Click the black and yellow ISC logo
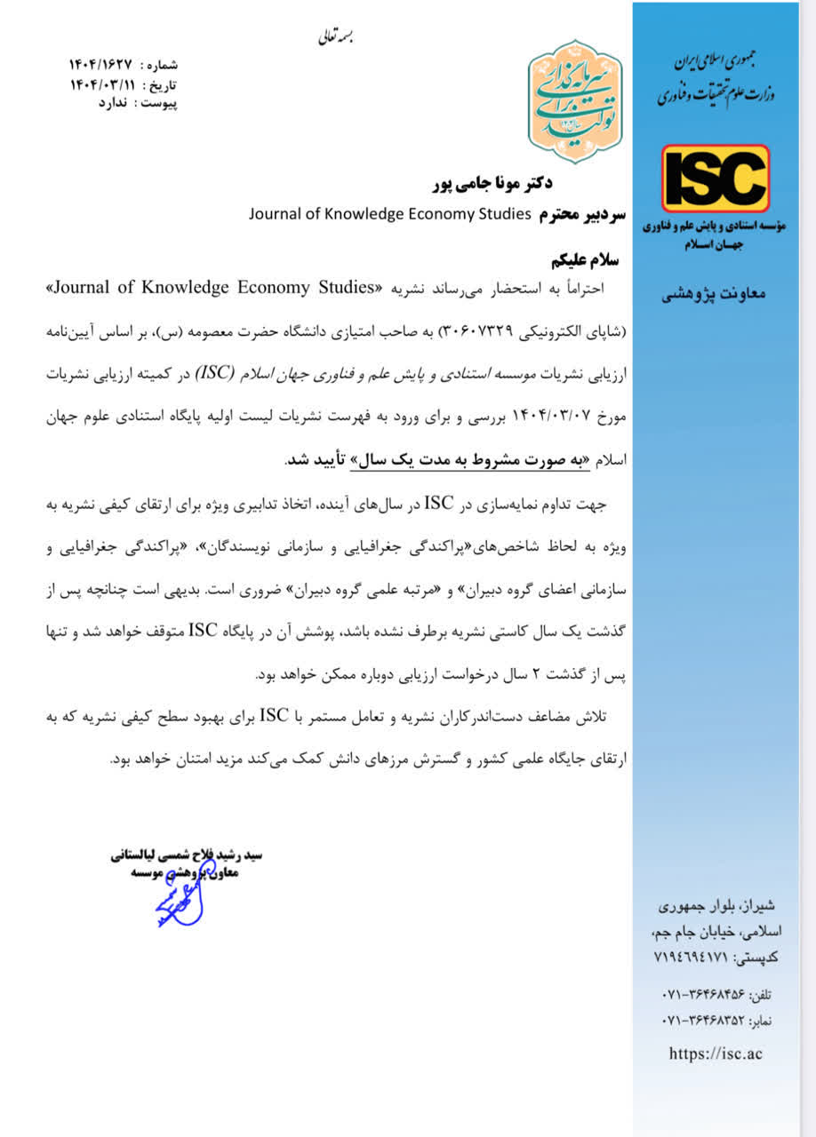pyautogui.click(x=715, y=179)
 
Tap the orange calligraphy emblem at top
pyautogui.click(x=575, y=101)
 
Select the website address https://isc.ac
pyautogui.click(x=716, y=1054)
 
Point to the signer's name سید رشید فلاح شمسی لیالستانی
pyautogui.click(x=187, y=856)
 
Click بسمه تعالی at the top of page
pyautogui.click(x=338, y=39)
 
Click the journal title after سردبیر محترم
pyautogui.click(x=389, y=213)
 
